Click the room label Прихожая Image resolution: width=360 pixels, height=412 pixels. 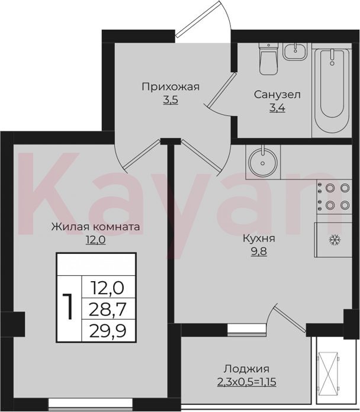tap(171, 86)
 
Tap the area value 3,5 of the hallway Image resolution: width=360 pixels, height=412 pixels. tap(171, 100)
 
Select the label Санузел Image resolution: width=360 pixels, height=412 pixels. tap(277, 95)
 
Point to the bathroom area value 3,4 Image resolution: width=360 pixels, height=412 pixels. tap(277, 108)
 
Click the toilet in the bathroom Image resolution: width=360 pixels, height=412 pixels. tap(268, 59)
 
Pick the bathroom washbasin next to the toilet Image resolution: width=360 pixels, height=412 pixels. tap(296, 51)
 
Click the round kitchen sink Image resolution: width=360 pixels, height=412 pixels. tap(263, 162)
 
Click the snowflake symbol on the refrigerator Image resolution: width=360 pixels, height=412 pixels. tap(335, 240)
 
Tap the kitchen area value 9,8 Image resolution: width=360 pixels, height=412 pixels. tap(259, 252)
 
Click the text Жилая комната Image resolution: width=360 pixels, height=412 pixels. tap(95, 227)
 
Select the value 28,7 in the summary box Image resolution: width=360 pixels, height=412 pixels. tap(108, 309)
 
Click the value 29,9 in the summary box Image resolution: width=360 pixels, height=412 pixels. tap(108, 330)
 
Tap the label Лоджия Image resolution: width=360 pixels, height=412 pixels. tap(246, 369)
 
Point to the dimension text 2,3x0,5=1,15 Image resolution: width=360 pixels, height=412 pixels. tap(246, 382)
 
